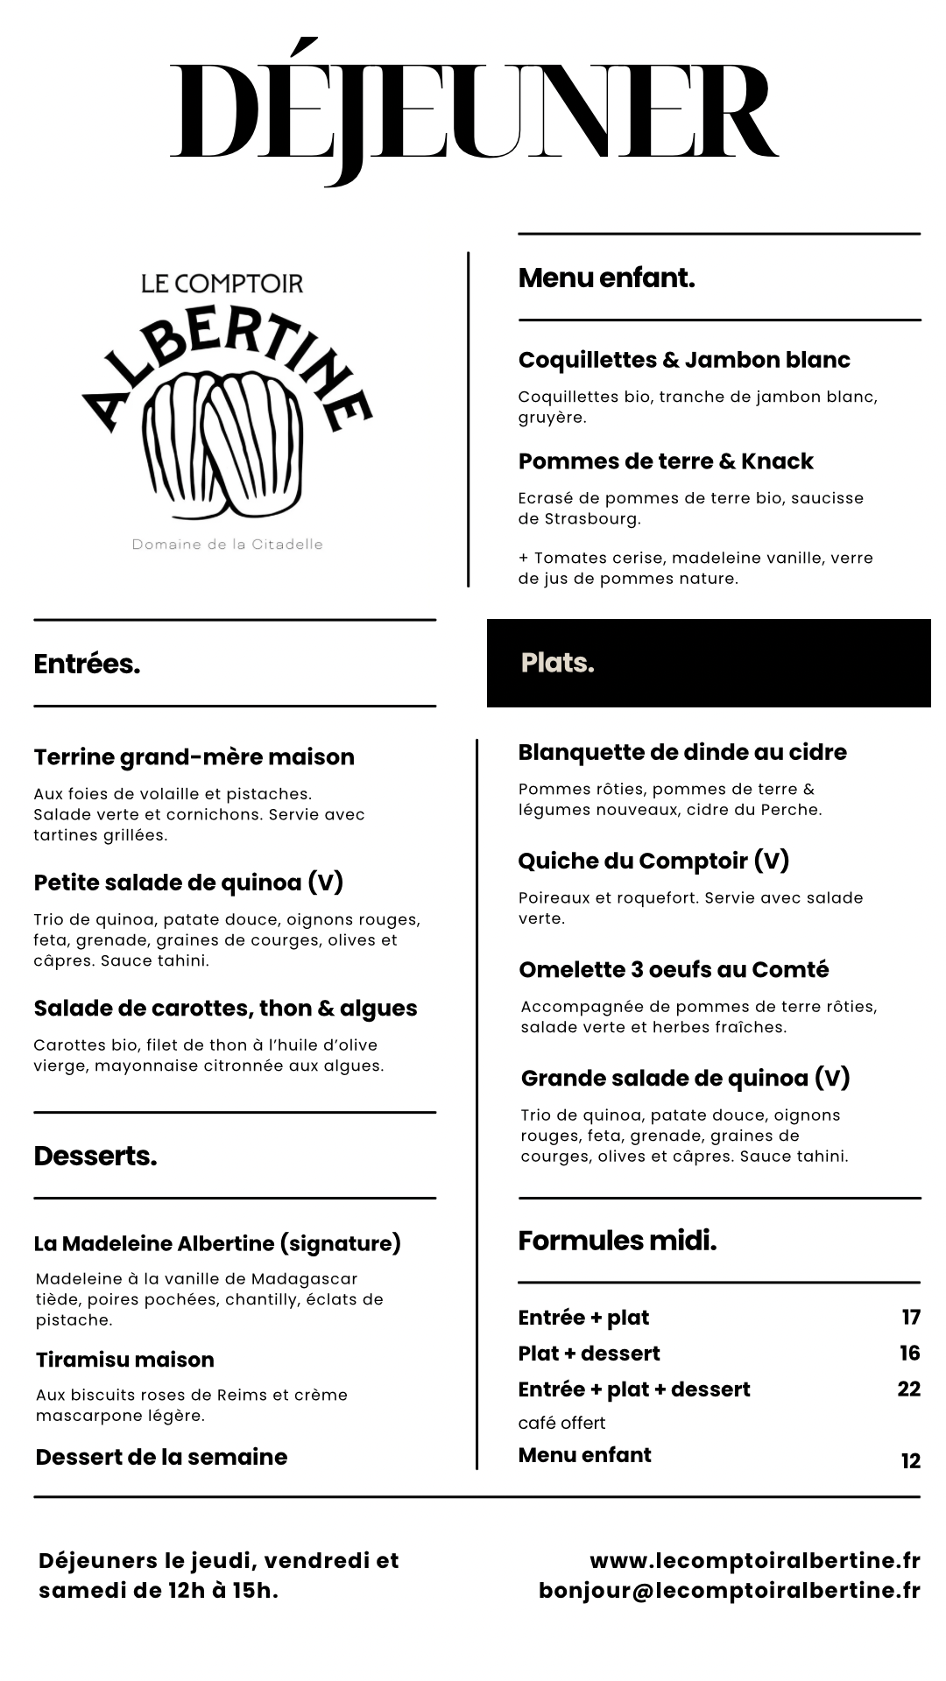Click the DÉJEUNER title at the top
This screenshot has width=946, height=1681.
(x=473, y=109)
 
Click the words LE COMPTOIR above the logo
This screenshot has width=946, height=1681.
(x=222, y=283)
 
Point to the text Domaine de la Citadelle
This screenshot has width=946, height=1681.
(x=228, y=545)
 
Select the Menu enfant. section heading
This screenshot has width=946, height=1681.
(x=606, y=278)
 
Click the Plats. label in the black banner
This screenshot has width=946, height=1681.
(x=558, y=663)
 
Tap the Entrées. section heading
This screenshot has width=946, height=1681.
(x=87, y=664)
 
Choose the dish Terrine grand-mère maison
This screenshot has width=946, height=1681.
(x=194, y=756)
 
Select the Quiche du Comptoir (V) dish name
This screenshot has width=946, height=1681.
(x=653, y=861)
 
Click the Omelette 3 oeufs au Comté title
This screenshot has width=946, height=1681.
(x=674, y=969)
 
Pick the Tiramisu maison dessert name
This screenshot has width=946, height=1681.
(x=125, y=1360)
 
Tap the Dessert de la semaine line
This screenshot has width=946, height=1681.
(x=161, y=1457)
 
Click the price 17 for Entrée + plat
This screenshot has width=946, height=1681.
(x=911, y=1317)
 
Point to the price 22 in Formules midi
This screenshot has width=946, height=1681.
(x=909, y=1389)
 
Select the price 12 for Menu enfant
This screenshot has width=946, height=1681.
(x=911, y=1460)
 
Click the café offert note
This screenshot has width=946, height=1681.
(x=561, y=1423)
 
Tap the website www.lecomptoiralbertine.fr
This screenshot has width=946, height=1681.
(x=755, y=1560)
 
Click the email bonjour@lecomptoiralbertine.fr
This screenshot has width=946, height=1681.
(x=730, y=1591)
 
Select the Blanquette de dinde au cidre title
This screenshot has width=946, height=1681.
(x=682, y=752)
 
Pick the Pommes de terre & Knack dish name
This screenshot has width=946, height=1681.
(x=666, y=461)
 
